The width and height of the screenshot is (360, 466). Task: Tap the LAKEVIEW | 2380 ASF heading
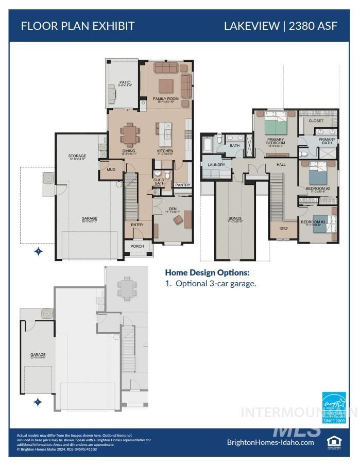280,26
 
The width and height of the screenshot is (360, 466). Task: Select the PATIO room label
125,82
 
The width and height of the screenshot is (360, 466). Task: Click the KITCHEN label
165,151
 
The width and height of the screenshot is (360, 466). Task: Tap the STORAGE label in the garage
77,156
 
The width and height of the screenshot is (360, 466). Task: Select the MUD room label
111,169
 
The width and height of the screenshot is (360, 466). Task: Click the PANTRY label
182,185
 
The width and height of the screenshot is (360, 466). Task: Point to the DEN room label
172,209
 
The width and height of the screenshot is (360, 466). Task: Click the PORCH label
137,246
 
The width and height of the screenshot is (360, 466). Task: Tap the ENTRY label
137,225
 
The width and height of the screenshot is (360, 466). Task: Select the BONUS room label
235,219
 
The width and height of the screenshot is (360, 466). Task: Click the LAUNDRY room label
216,165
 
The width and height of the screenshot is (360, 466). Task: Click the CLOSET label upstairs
316,121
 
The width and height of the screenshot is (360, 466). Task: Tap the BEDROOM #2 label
317,188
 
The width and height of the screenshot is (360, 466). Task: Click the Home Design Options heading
207,272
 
